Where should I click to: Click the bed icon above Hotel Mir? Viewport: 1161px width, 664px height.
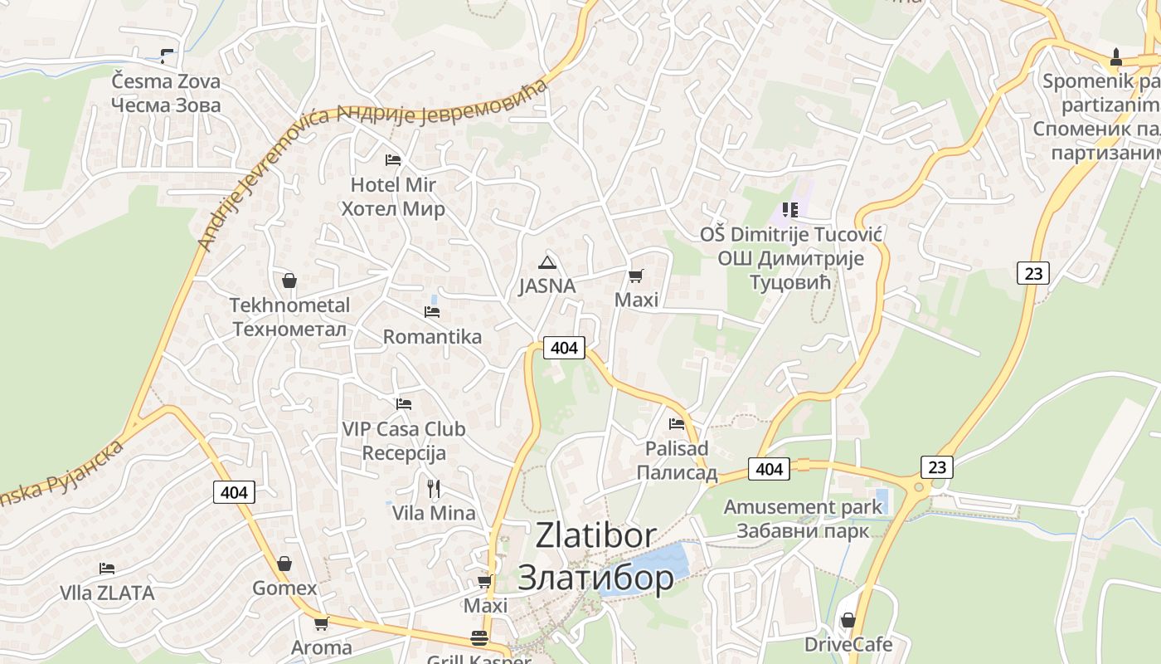pos(393,159)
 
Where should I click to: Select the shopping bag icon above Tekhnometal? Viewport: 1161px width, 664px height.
pos(289,281)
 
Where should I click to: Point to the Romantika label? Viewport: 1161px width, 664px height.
pos(432,337)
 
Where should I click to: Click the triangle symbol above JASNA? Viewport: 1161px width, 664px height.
pos(546,263)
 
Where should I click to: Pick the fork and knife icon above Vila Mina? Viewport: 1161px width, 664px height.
pos(434,488)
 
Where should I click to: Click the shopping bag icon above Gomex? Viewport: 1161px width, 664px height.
pos(284,564)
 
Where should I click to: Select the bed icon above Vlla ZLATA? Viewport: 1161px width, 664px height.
pos(107,569)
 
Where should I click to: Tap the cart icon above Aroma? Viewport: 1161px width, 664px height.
pos(321,623)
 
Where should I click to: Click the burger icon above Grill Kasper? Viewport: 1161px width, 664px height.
pos(479,638)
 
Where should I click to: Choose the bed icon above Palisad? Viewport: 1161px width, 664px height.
pos(677,424)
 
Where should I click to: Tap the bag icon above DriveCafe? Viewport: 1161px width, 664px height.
pos(848,620)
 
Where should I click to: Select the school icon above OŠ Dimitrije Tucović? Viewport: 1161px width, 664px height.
pos(789,210)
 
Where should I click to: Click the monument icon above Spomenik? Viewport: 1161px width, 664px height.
pos(1116,57)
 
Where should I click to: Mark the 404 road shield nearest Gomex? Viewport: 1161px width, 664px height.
pos(235,492)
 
